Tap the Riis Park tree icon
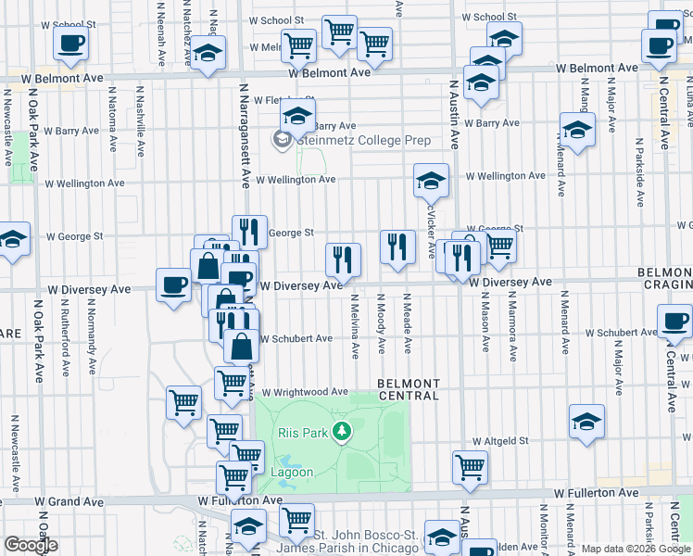343,431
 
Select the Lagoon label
292,472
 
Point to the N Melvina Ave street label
355,325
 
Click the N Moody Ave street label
381,323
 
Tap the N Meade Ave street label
407,323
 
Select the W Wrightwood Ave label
304,392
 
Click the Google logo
31,544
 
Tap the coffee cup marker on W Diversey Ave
172,284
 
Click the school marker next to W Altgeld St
587,421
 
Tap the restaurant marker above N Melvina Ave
343,259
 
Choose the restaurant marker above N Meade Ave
397,246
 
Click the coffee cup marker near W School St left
71,42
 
